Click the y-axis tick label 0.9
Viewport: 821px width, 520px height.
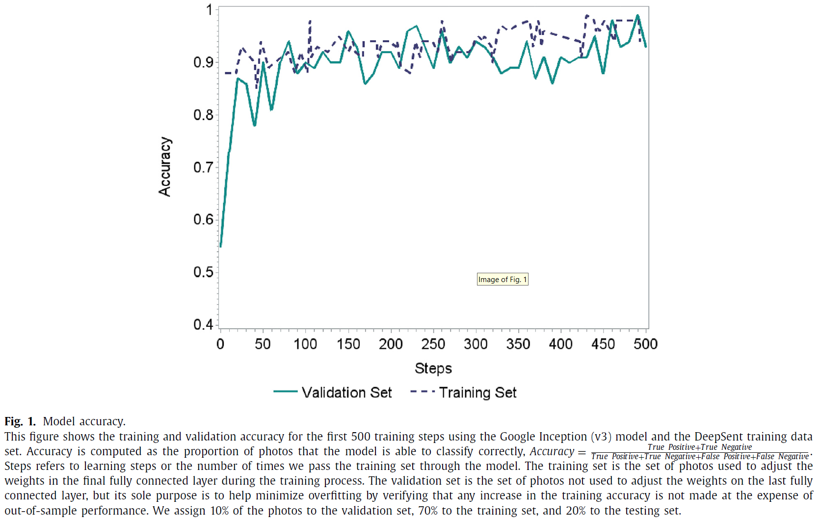coord(203,62)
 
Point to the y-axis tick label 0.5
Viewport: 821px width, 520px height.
coord(203,272)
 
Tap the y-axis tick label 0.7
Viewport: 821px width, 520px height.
coord(203,167)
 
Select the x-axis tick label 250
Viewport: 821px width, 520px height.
coord(433,344)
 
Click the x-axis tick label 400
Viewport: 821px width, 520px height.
coord(560,344)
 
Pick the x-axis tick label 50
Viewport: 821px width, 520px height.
coord(263,344)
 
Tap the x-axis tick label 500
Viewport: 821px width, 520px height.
coord(645,344)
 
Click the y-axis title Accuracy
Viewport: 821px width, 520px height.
coord(165,167)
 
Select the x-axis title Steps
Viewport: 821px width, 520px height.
coord(433,368)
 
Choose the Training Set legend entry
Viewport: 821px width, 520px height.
coord(463,392)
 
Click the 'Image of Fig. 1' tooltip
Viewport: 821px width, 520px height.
coord(503,279)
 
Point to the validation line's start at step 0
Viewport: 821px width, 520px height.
coord(221,246)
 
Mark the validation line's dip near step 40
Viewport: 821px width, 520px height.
coord(254,125)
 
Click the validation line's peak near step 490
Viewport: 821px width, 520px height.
coord(637,15)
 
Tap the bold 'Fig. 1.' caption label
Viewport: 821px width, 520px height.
coord(20,421)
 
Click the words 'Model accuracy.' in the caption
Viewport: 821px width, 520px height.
coord(84,421)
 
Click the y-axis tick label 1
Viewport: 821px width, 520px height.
coord(210,10)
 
